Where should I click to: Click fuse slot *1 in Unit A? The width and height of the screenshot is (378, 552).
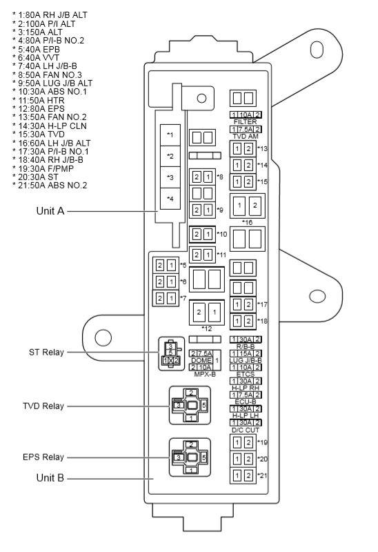tap(170, 135)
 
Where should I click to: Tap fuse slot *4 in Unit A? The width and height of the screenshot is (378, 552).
tap(170, 199)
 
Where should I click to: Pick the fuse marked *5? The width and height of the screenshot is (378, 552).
tap(165, 265)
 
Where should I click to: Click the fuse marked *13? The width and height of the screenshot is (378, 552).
tap(241, 149)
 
